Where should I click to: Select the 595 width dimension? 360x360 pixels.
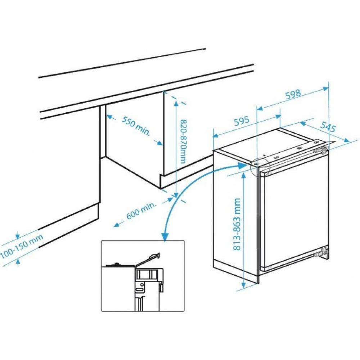[242, 121]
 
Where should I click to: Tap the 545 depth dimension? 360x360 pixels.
[328, 126]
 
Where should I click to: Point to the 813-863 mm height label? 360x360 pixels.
[237, 224]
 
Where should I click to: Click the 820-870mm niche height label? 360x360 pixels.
[183, 141]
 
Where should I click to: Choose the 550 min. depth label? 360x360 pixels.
[136, 126]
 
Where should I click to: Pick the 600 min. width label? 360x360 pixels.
[141, 211]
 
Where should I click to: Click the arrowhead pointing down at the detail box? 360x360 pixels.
[165, 237]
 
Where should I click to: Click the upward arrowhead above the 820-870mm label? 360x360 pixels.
[176, 104]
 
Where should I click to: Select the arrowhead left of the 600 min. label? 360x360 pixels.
[117, 224]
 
